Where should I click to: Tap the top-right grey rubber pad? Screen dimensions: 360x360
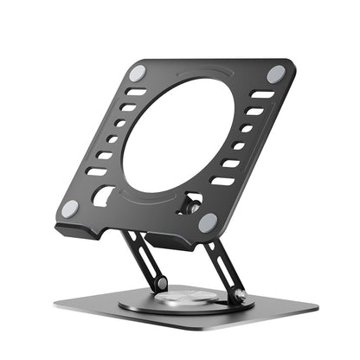coord(276,75)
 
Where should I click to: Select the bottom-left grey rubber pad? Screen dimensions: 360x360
coord(70,209)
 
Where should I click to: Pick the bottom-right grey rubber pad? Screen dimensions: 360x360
coord(208,222)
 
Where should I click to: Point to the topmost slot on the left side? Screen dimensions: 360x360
coord(137,92)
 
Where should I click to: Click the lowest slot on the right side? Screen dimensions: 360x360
coord(222,181)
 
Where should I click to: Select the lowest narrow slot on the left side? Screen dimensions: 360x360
coord(95,171)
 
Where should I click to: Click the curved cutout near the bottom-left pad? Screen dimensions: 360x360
coord(102,196)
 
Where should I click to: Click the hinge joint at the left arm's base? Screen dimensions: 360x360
coord(161,284)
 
